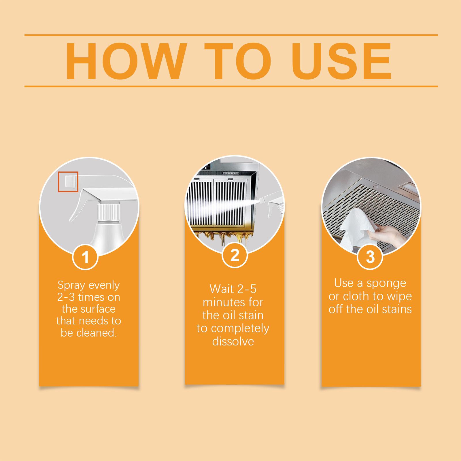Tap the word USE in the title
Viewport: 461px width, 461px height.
point(343,61)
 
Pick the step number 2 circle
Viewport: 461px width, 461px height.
point(235,255)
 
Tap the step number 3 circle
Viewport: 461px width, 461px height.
point(370,256)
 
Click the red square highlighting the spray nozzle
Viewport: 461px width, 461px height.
point(69,182)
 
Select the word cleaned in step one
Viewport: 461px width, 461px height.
point(97,333)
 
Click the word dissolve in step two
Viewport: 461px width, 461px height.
point(233,341)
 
